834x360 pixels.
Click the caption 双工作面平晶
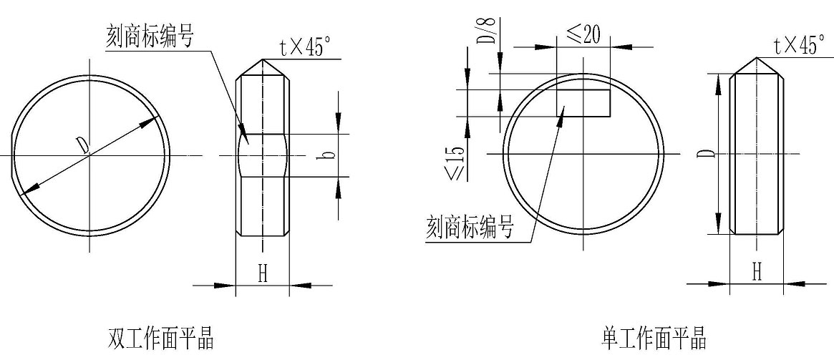(160, 339)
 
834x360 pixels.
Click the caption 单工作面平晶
(654, 339)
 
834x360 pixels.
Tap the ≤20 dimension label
(583, 34)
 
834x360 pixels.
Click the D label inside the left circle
(82, 145)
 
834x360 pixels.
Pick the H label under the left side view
(263, 274)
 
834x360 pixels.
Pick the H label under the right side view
(757, 272)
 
